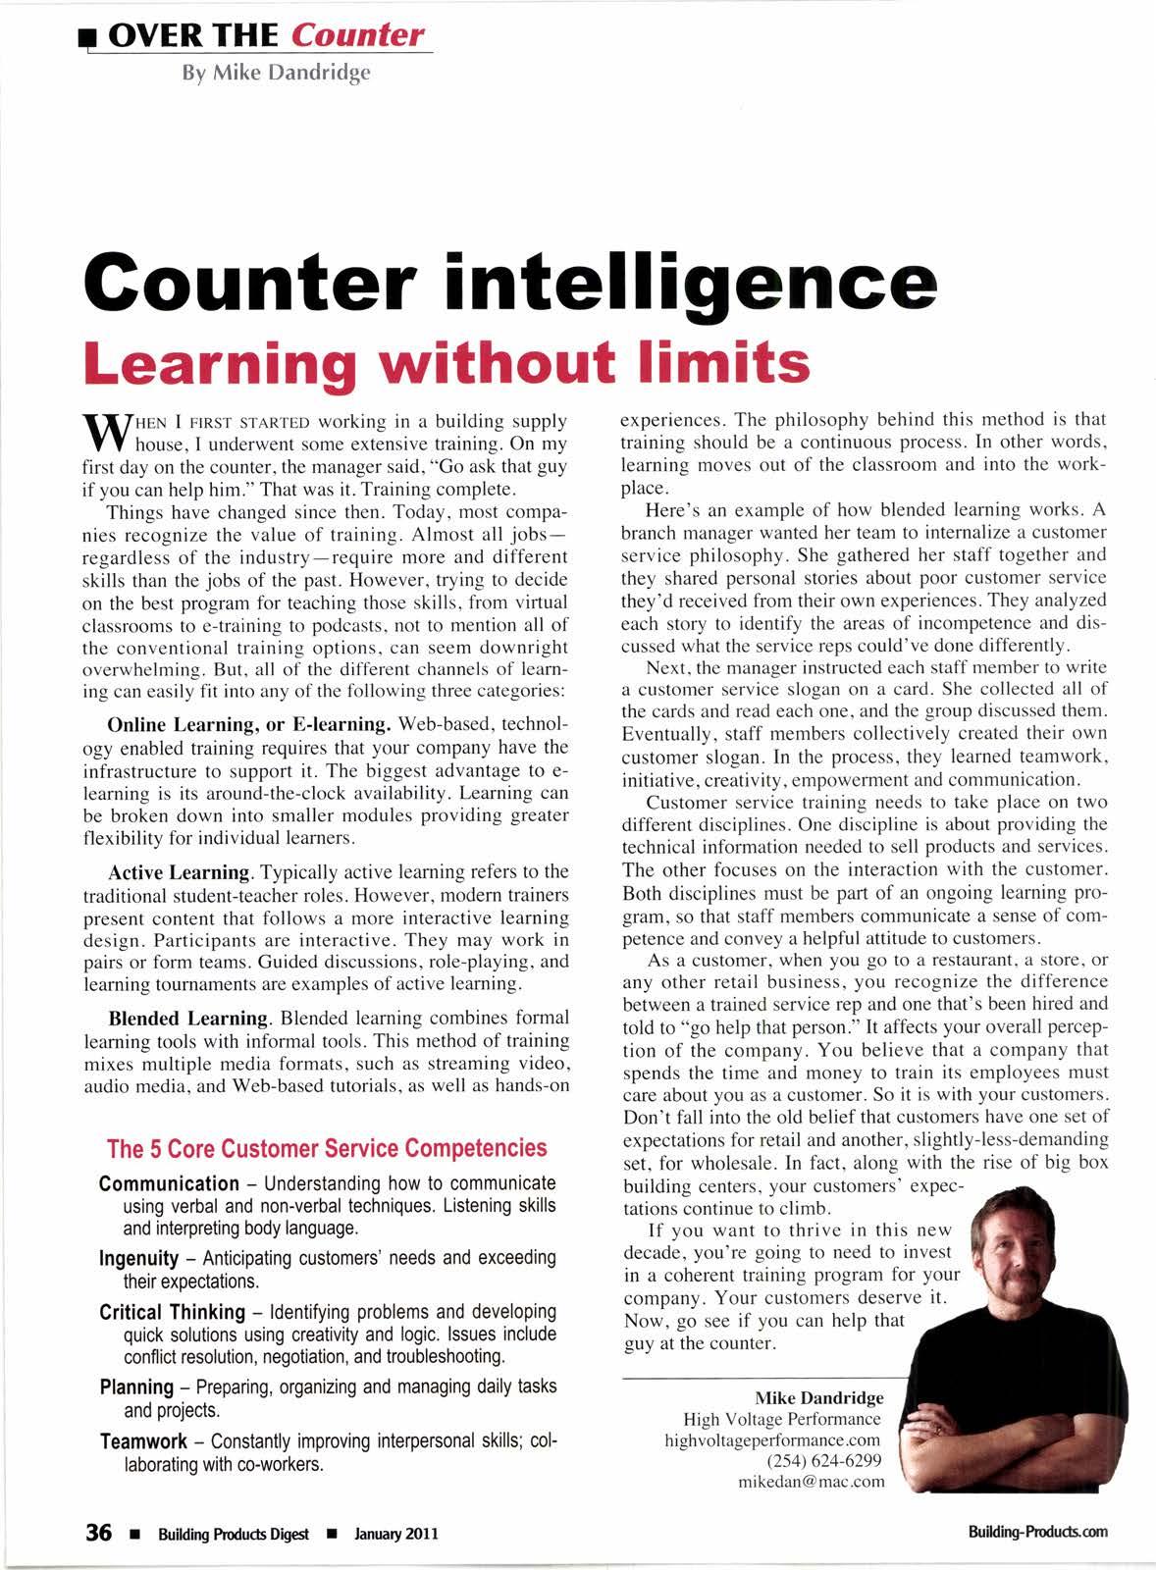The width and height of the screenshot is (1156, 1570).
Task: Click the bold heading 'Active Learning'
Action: coord(180,872)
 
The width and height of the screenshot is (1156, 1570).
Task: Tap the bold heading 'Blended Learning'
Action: coord(187,1018)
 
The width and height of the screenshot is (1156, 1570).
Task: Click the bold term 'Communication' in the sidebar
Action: coord(169,1183)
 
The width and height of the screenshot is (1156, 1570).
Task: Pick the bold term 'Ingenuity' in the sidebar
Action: coord(139,1258)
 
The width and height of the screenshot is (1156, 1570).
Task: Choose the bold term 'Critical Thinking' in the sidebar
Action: coord(172,1313)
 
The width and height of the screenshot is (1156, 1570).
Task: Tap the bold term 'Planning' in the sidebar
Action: coord(136,1387)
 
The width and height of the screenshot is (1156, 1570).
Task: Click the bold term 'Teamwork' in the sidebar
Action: coord(143,1441)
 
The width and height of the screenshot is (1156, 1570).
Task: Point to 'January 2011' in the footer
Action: coord(396,1534)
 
